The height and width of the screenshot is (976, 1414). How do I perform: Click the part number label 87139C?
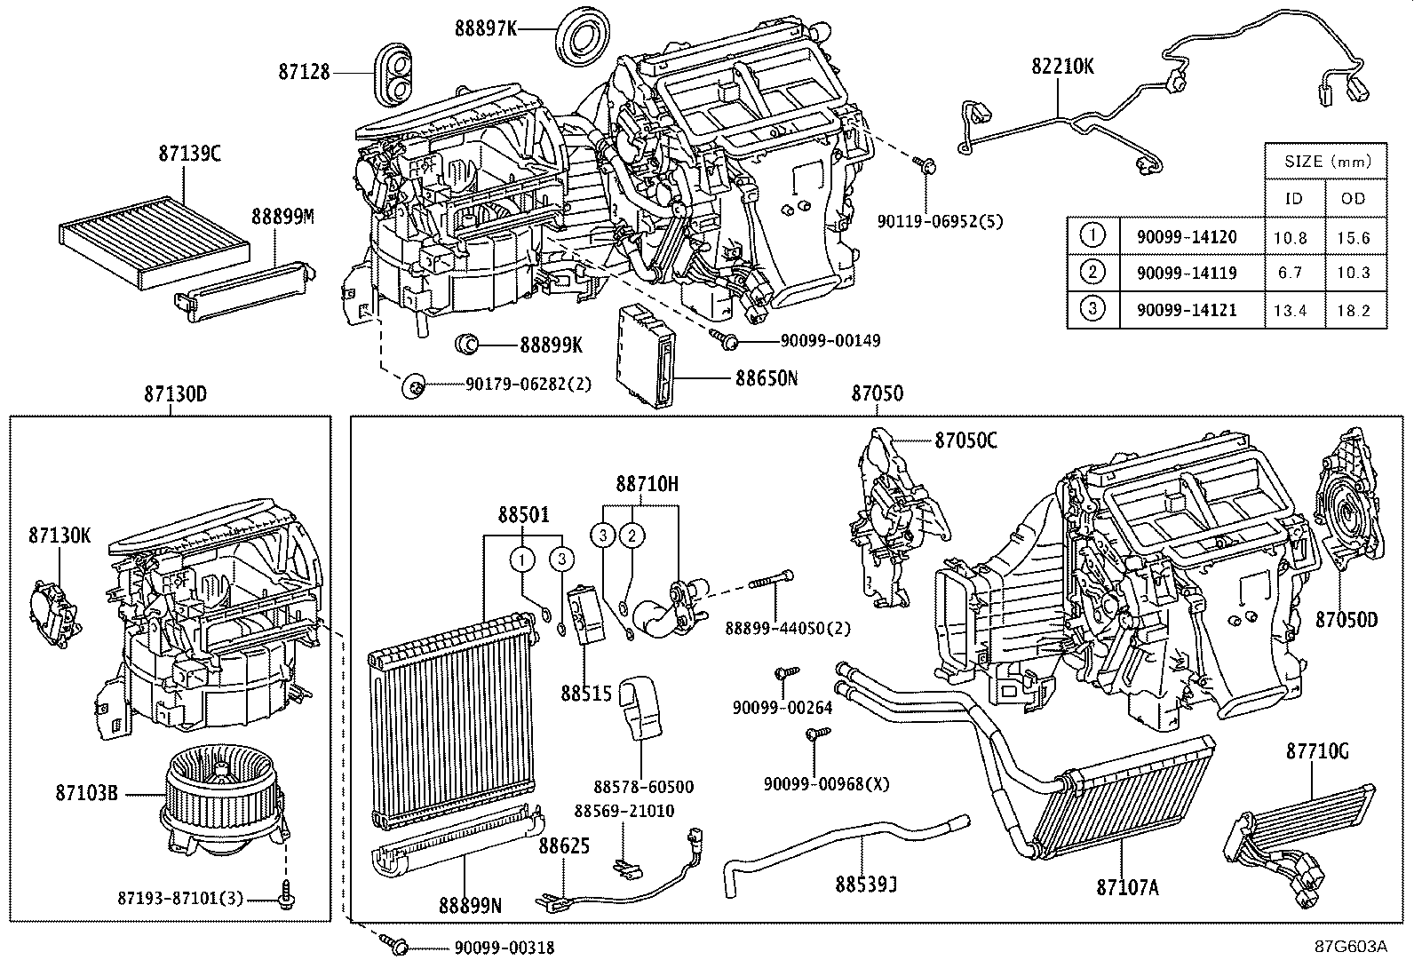click(189, 153)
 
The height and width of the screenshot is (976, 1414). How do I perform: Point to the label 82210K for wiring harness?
click(1062, 66)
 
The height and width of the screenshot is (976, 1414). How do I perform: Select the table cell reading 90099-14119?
click(1187, 273)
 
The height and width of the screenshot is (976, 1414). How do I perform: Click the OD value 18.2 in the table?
click(1353, 310)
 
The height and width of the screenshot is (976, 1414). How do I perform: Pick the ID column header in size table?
click(1293, 198)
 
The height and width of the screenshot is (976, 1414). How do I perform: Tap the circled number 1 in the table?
click(1093, 235)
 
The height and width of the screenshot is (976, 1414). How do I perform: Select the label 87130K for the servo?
click(60, 536)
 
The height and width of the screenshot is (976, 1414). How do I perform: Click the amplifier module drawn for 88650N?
click(648, 353)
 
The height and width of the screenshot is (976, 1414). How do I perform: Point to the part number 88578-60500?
click(643, 787)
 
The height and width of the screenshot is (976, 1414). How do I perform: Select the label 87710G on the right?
click(1317, 751)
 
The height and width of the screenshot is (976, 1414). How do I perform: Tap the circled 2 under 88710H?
click(632, 535)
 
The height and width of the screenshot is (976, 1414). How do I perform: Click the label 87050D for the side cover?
click(1346, 619)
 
